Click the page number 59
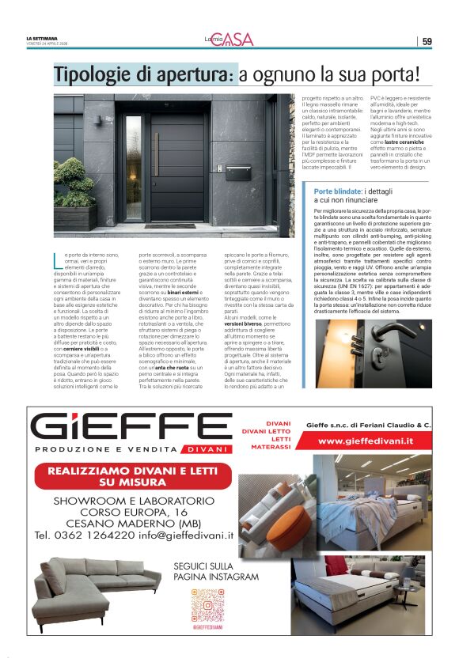click(x=427, y=41)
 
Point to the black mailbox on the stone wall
click(x=237, y=172)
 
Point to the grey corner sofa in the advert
click(x=93, y=585)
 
